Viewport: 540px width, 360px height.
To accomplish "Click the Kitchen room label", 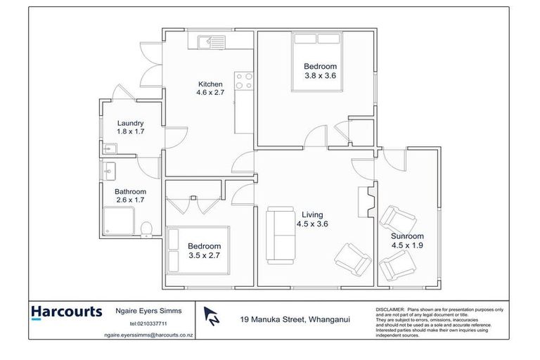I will coord(210,84).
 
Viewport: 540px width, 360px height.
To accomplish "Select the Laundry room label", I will coord(130,122).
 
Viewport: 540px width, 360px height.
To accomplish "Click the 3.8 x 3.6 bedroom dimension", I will coord(321,75).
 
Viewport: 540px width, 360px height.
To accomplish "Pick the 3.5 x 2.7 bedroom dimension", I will coord(204,256).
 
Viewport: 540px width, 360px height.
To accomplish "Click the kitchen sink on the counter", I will coord(209,43).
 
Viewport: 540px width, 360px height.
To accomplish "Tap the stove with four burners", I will coord(243,82).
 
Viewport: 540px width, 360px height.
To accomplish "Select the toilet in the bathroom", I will coord(146,229).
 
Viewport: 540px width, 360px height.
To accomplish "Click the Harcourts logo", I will coord(66,311).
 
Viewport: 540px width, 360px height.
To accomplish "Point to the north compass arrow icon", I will coord(210,317).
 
